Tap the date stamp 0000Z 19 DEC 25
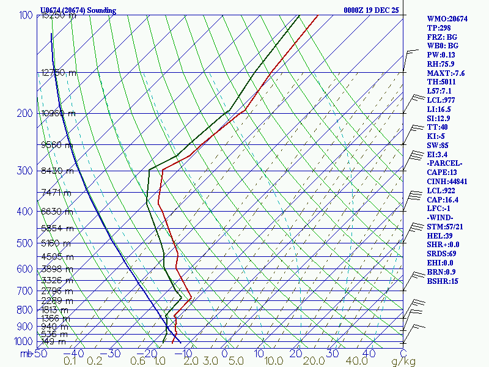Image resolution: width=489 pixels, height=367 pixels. pyautogui.click(x=371, y=10)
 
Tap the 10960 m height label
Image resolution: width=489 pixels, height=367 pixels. pyautogui.click(x=58, y=113)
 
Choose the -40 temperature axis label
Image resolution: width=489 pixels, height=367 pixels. pyautogui.click(x=74, y=354)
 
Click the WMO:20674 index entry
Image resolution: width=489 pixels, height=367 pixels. pyautogui.click(x=447, y=19)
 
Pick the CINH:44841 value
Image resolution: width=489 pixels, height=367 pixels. pyautogui.click(x=448, y=182)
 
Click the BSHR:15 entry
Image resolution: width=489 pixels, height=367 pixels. pyautogui.click(x=443, y=281)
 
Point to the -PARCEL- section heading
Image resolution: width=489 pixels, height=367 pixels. pyautogui.click(x=446, y=163)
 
